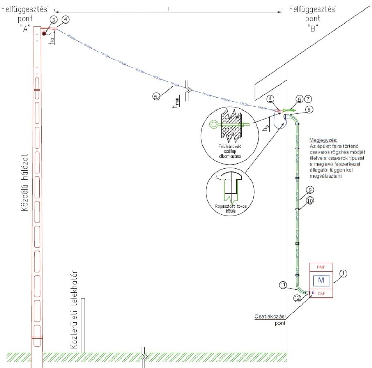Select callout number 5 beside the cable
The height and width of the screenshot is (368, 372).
click(157, 95)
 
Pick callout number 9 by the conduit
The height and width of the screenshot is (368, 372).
click(309, 190)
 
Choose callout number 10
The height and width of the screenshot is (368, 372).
click(310, 200)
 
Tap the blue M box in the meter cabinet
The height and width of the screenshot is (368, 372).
click(321, 280)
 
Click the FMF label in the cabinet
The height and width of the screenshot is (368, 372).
click(321, 267)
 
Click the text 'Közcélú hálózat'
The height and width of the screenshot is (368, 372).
click(25, 179)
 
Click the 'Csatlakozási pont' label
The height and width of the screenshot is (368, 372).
click(270, 320)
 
